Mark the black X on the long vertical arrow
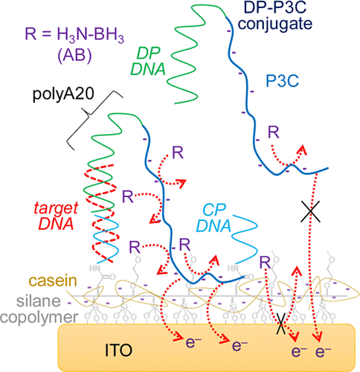pos(309,212)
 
